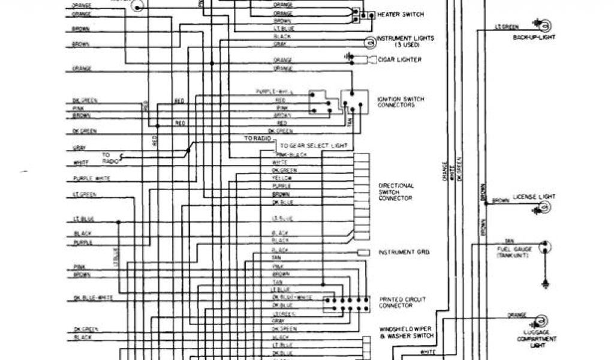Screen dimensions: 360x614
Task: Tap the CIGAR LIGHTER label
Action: pyautogui.click(x=399, y=59)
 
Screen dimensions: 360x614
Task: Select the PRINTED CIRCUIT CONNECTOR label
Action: pyautogui.click(x=395, y=302)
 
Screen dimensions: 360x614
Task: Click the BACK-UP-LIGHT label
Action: pyautogui.click(x=534, y=37)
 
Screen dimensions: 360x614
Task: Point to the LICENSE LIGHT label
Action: pyautogui.click(x=534, y=197)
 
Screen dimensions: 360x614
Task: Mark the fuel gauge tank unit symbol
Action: pyautogui.click(x=546, y=246)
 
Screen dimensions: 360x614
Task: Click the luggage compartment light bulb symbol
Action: pyautogui.click(x=544, y=319)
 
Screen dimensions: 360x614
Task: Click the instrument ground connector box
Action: pyautogui.click(x=363, y=253)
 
